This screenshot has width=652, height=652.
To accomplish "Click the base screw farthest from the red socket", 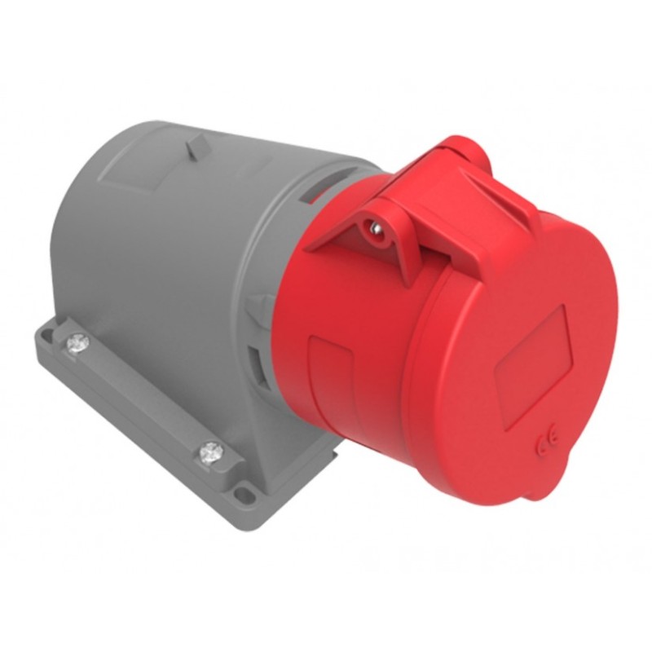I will pos(77,344).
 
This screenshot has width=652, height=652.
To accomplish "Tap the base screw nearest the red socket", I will pos(212,450).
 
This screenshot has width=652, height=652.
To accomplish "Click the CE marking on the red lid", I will pos(544,446).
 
